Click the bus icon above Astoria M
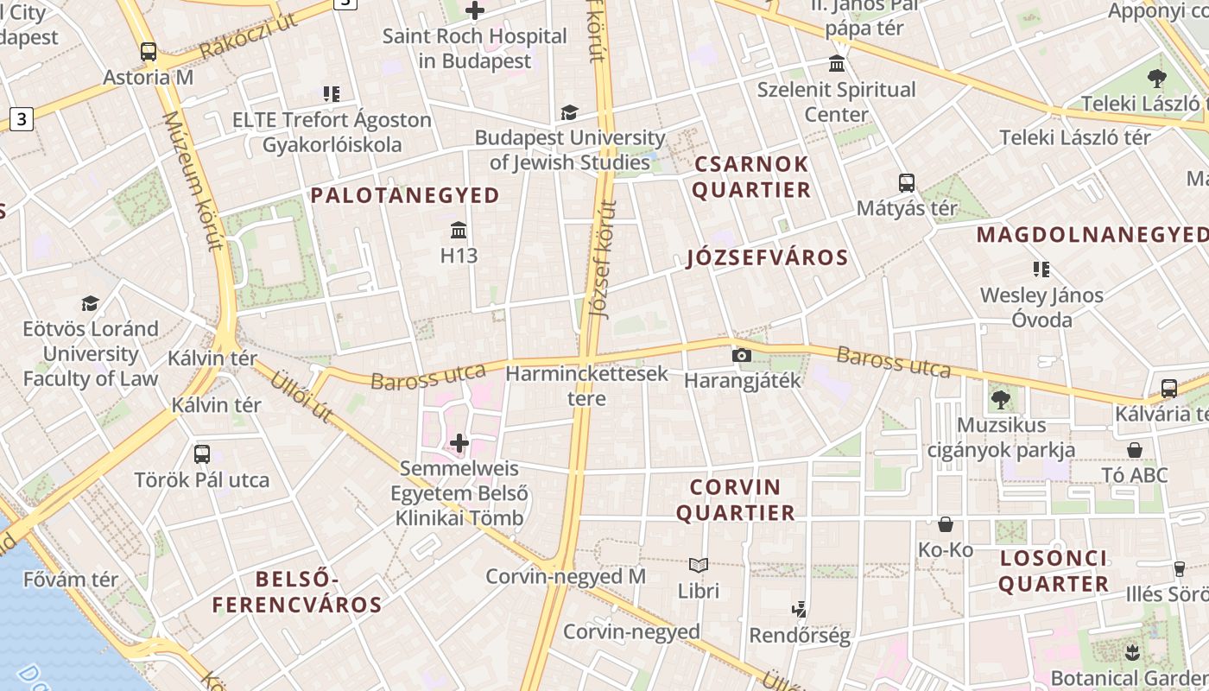149,52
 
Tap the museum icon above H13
459,231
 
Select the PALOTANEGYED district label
405,195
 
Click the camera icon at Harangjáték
741,355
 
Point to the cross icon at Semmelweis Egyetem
459,444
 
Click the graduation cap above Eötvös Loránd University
91,303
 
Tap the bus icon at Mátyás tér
906,183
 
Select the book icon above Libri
699,566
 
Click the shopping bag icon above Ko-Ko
946,524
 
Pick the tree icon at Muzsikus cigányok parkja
1000,399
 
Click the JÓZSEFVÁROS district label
767,257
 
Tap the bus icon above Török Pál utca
202,454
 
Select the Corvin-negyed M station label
565,576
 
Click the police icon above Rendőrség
800,610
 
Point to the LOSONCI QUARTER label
1054,571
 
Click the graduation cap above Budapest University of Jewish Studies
569,112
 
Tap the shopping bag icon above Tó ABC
1135,450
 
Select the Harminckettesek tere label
586,386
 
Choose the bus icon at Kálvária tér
1168,389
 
